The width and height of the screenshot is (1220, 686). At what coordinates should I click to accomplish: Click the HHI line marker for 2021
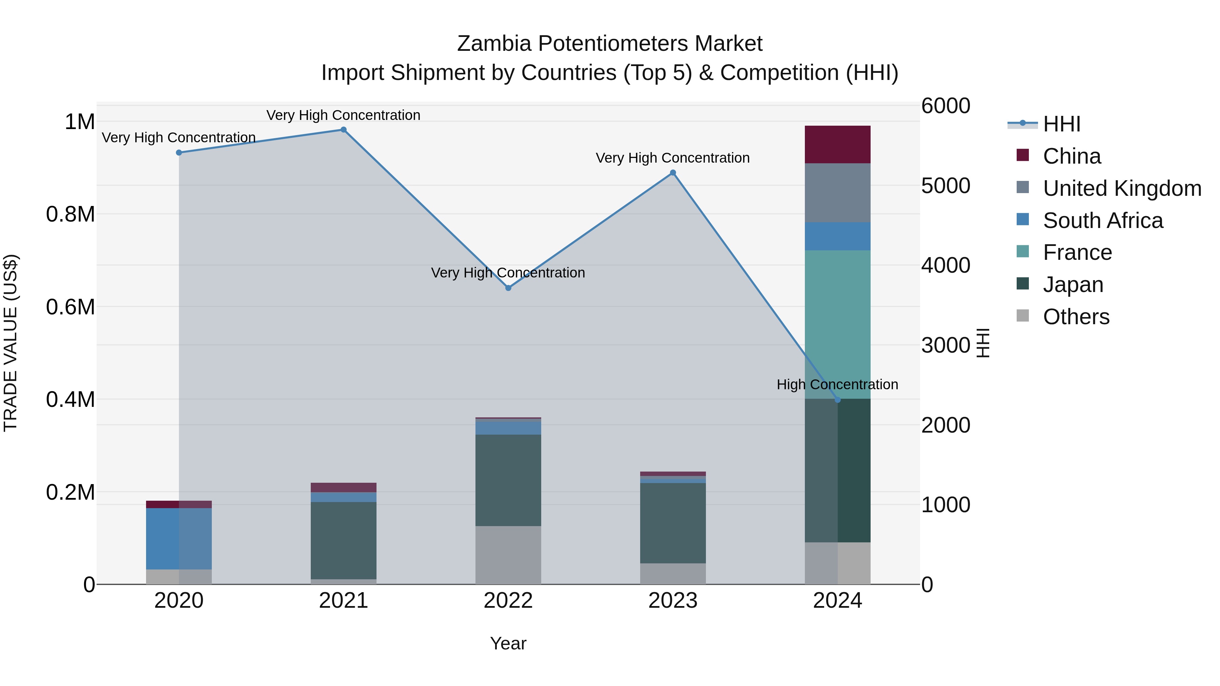343,130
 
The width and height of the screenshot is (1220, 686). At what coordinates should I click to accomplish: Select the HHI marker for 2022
508,288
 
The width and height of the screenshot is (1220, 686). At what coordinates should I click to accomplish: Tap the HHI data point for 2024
837,400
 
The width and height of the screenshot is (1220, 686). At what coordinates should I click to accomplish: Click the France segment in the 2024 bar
837,324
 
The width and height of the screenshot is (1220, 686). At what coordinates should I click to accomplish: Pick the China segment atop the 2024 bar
837,144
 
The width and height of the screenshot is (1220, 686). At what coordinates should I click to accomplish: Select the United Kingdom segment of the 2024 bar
837,193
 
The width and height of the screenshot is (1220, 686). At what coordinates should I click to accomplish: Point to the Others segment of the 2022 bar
508,555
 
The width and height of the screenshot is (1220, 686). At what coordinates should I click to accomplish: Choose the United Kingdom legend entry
1121,188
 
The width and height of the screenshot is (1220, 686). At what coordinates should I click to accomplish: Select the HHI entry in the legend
1061,124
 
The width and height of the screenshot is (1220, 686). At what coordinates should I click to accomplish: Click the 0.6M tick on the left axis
70,307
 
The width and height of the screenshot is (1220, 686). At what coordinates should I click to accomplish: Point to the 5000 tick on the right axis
945,186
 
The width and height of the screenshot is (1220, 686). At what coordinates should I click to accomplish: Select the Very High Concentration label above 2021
343,115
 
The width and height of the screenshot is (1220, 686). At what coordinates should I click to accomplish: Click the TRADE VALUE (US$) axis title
11,343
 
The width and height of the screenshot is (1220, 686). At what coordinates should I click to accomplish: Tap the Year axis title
508,643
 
